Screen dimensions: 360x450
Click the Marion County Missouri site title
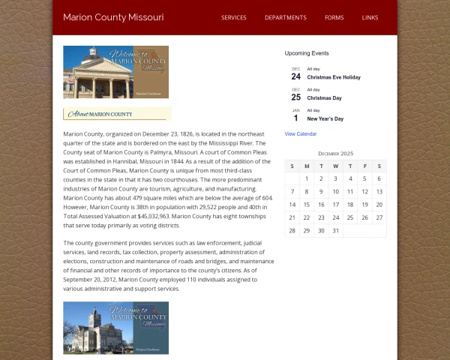coord(113,17)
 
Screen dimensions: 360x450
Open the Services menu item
coord(234,17)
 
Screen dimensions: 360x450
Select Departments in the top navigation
coord(286,17)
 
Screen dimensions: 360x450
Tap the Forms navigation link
coord(334,17)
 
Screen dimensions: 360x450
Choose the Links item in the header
coord(370,17)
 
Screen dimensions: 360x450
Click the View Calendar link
coord(301,133)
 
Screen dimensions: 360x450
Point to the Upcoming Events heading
coord(307,53)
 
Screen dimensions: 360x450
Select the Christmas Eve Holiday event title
coord(334,77)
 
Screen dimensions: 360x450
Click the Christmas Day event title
coord(324,98)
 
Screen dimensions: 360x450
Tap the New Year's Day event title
coord(325,118)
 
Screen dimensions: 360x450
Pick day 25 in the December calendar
coord(350,217)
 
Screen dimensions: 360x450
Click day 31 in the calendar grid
coord(336,230)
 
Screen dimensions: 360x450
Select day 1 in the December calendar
coord(307,178)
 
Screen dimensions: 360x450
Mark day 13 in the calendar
coord(379,192)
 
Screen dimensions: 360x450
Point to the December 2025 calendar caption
coord(335,154)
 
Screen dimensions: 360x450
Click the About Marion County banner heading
coord(116,114)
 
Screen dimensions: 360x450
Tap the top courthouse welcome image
coord(115,72)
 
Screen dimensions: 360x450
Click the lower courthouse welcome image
coord(115,328)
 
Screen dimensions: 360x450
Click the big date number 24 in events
coord(295,76)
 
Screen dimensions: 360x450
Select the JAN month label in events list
coord(295,110)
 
